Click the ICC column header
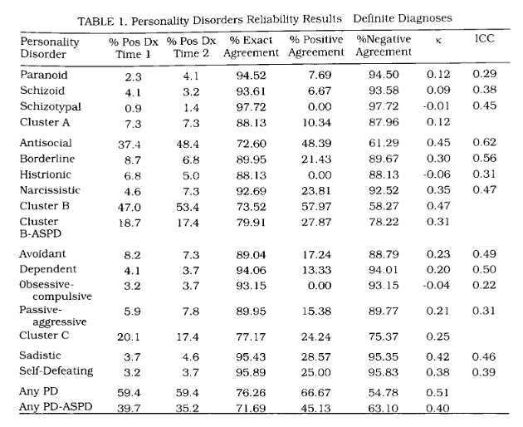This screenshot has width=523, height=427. tap(484, 39)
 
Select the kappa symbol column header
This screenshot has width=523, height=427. tap(438, 41)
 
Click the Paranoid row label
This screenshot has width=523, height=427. tap(44, 75)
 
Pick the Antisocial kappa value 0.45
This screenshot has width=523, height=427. tap(438, 143)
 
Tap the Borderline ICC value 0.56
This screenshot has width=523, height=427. tap(484, 158)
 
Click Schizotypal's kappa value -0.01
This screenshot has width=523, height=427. tap(437, 106)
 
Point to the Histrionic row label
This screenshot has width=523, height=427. tap(46, 174)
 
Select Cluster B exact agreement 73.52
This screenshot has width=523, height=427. tap(252, 207)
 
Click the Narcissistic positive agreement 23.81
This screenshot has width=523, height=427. tap(315, 190)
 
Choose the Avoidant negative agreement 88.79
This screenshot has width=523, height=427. tap(384, 254)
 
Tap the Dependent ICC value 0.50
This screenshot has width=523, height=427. tap(484, 269)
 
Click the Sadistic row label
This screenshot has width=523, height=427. tap(40, 356)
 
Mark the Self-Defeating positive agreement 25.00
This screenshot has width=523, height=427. tap(315, 372)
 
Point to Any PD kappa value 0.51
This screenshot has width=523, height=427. tap(437, 392)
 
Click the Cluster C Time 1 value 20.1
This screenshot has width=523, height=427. tap(129, 336)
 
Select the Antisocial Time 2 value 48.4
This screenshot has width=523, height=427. tap(188, 144)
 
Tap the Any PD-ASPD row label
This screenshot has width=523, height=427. tap(56, 407)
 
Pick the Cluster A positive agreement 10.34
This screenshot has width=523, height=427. tap(316, 122)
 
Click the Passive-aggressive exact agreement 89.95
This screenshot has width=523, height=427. tap(252, 312)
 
